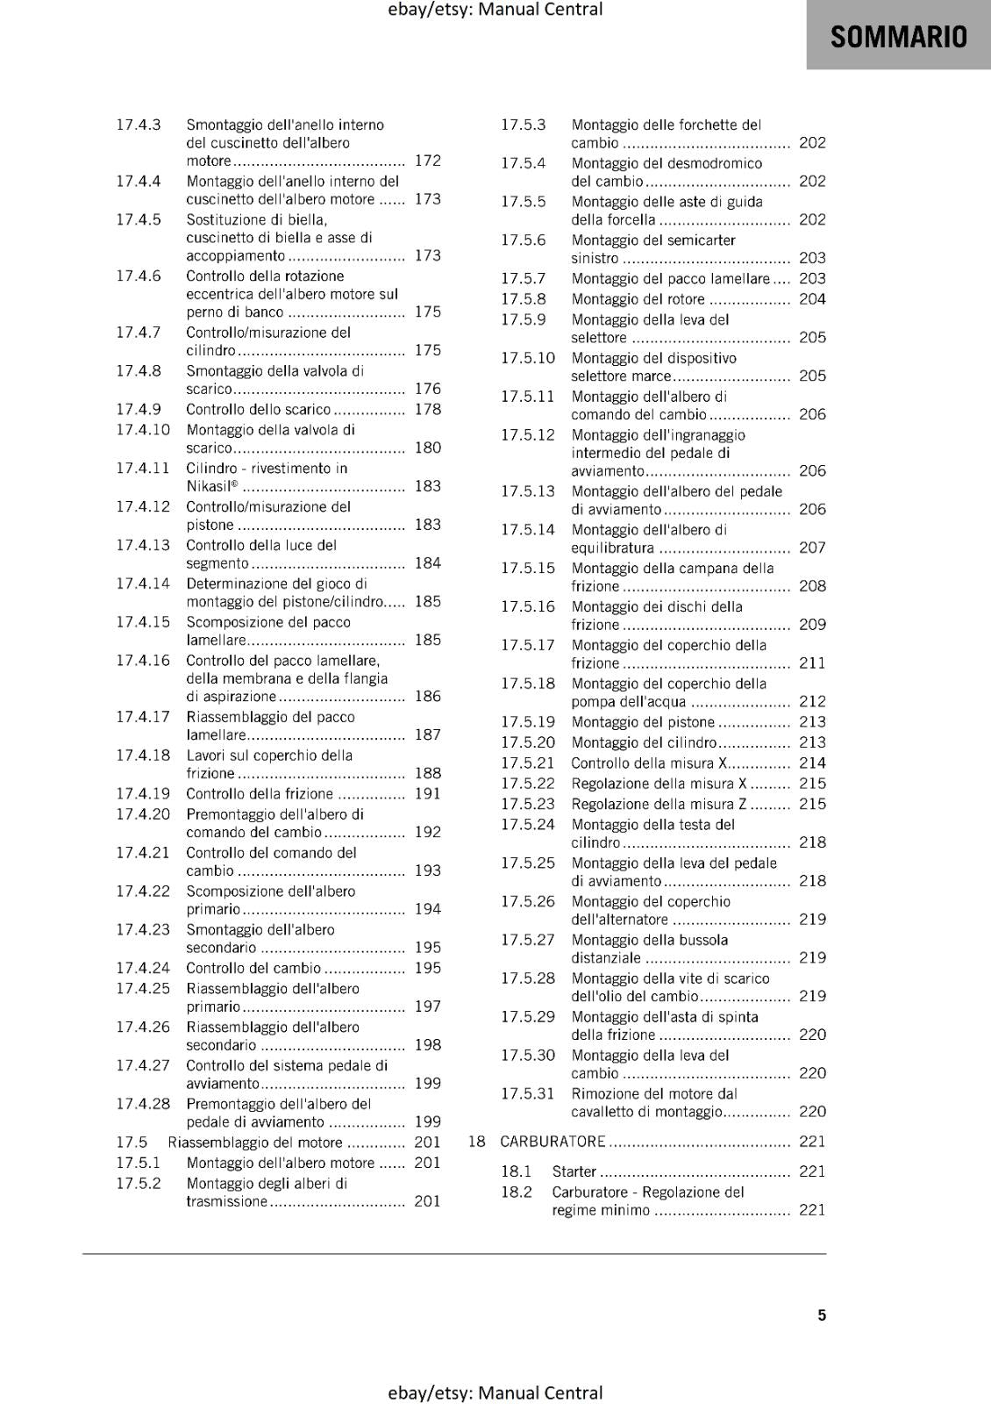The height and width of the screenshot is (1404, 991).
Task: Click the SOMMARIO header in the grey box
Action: click(898, 37)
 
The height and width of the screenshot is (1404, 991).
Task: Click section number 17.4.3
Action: click(139, 125)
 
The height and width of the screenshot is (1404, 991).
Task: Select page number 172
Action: click(428, 161)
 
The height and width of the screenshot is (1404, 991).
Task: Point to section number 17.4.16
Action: click(143, 661)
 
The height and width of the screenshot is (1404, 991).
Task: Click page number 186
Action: click(428, 697)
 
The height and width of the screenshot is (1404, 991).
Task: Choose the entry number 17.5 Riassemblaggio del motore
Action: click(132, 1143)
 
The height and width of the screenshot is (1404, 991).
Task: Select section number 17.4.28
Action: click(143, 1104)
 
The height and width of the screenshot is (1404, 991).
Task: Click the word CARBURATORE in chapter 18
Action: click(553, 1142)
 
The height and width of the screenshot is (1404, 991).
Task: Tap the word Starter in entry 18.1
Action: click(574, 1171)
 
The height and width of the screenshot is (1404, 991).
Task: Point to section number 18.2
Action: click(517, 1193)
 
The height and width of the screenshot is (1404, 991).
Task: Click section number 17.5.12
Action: click(528, 435)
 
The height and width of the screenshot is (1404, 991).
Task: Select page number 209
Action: click(812, 625)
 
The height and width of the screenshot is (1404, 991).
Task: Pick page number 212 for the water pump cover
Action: click(812, 702)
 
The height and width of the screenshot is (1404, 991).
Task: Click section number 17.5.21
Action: click(528, 763)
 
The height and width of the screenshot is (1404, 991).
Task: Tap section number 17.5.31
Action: click(528, 1094)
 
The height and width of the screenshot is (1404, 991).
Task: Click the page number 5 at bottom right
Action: click(822, 1315)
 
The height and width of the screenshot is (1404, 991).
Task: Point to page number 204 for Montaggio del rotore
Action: click(812, 299)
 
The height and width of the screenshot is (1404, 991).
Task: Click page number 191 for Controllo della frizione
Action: click(428, 794)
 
